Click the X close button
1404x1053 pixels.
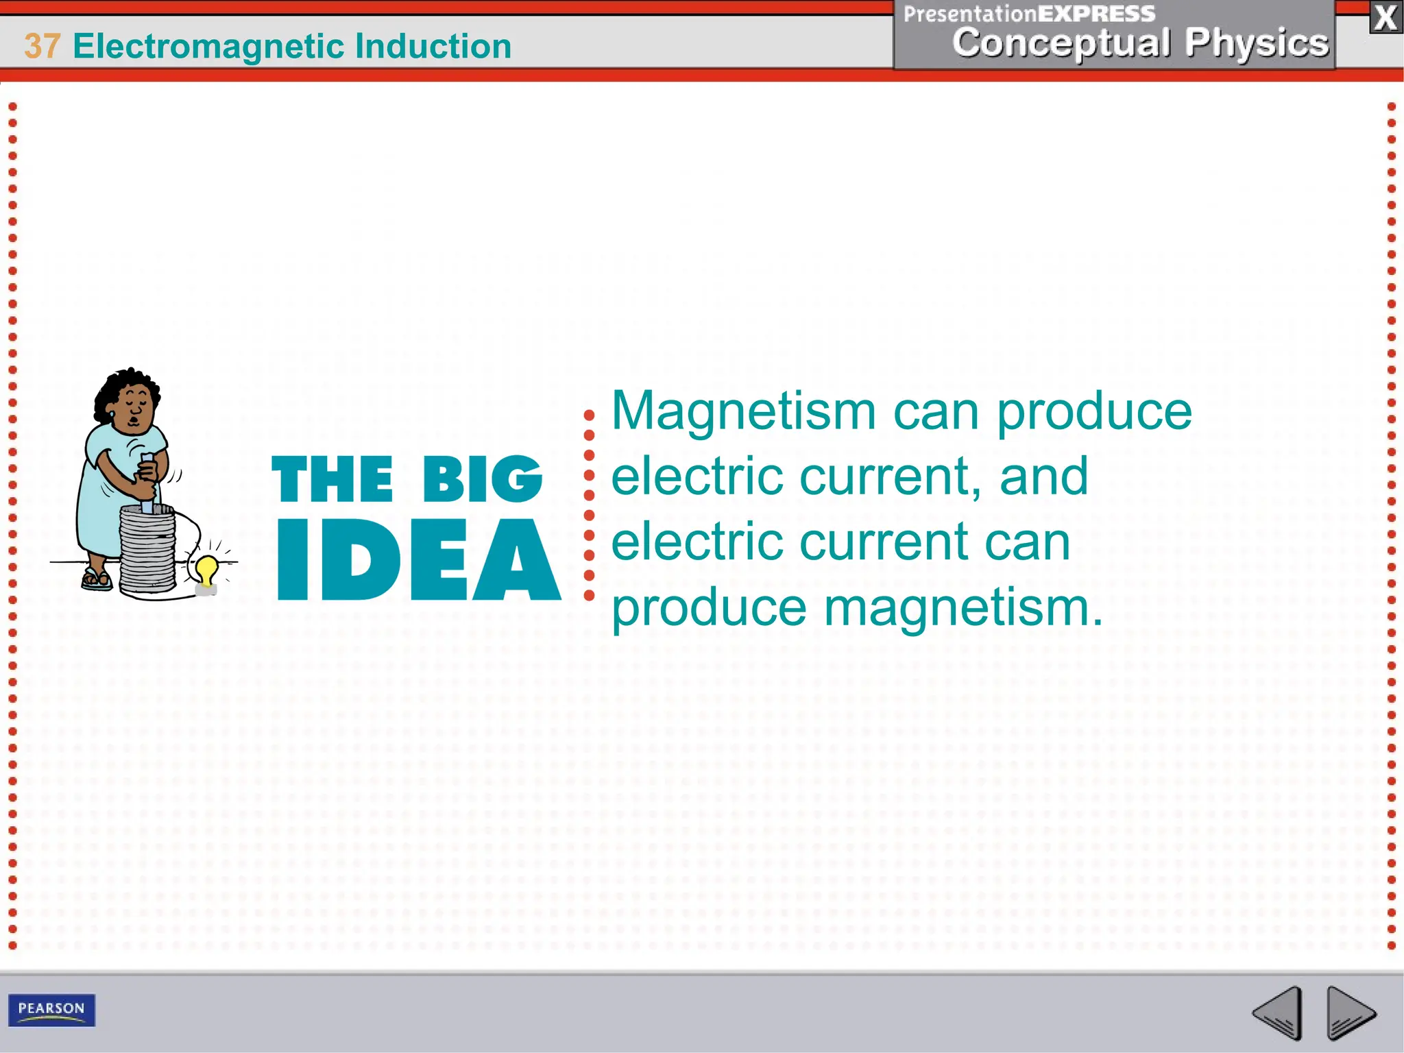point(1385,17)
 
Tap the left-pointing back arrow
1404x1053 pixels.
point(1278,1012)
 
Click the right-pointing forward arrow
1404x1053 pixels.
point(1350,1012)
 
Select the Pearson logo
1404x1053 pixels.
point(51,1009)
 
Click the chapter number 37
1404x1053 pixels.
point(43,47)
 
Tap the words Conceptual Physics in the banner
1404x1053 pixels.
point(1140,43)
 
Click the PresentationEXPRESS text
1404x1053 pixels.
point(1028,14)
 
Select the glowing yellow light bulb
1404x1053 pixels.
point(207,569)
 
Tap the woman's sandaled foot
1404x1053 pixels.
point(96,579)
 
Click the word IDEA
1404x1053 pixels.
point(418,560)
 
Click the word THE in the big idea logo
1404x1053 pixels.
point(332,479)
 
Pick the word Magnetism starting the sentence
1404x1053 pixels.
point(744,411)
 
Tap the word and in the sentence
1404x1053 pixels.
point(1043,476)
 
